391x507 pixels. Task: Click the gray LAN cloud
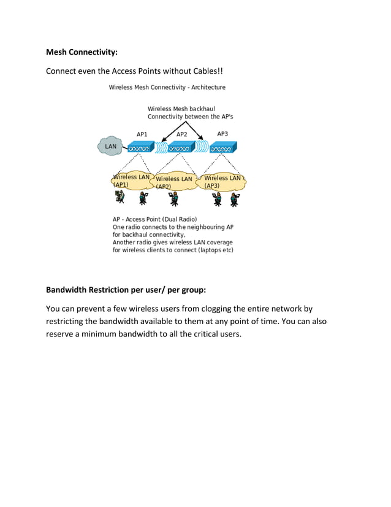pyautogui.click(x=110, y=146)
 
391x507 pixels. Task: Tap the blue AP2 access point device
pyautogui.click(x=181, y=147)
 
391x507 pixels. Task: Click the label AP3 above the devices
pyautogui.click(x=222, y=134)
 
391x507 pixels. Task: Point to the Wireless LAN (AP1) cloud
pyautogui.click(x=131, y=180)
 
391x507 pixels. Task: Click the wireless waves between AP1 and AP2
pyautogui.click(x=161, y=147)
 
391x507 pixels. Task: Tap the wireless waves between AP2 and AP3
pyautogui.click(x=202, y=147)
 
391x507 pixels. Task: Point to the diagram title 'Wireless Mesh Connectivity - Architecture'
pyautogui.click(x=167, y=87)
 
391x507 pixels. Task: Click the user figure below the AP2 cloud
pyautogui.click(x=175, y=198)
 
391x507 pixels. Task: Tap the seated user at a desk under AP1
pyautogui.click(x=120, y=197)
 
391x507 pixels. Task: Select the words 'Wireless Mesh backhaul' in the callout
pyautogui.click(x=181, y=109)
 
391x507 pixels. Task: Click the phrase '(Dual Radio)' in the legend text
pyautogui.click(x=178, y=219)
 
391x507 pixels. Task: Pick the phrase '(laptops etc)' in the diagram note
pyautogui.click(x=214, y=250)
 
